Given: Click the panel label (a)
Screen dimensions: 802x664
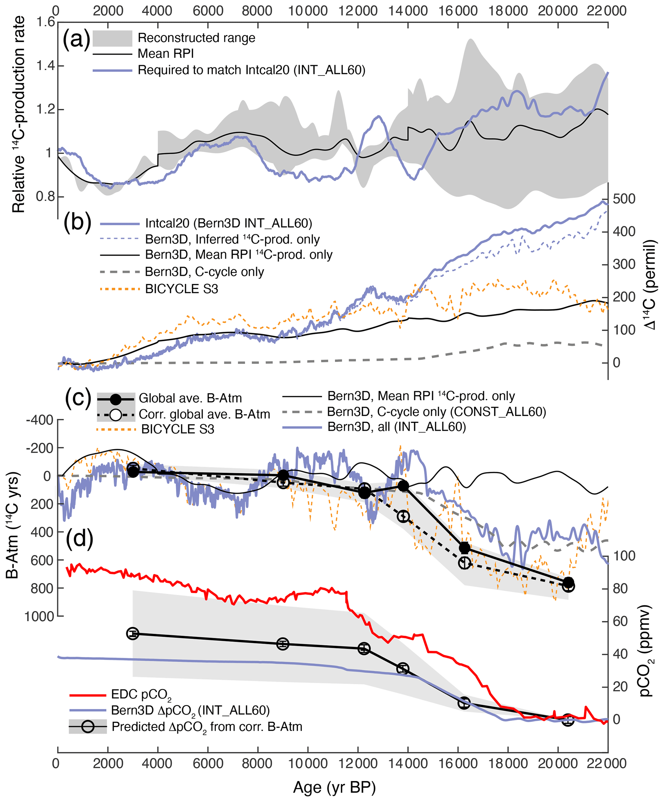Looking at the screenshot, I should tap(76, 39).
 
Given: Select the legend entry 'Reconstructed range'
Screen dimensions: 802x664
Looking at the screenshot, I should tap(196, 38).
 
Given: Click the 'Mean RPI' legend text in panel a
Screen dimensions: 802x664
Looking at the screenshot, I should tap(165, 54).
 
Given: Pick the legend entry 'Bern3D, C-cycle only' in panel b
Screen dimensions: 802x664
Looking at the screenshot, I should tap(204, 272).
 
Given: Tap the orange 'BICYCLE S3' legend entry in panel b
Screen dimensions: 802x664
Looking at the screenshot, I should tap(181, 289).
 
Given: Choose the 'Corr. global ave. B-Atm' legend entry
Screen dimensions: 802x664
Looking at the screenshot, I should tap(204, 414).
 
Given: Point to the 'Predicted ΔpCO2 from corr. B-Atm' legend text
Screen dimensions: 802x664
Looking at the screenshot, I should tap(207, 727).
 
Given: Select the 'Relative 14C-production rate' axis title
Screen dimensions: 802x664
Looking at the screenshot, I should tap(18, 115).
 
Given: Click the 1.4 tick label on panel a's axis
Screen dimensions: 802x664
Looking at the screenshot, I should tap(45, 66).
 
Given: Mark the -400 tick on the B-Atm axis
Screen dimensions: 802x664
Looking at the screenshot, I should tap(39, 420).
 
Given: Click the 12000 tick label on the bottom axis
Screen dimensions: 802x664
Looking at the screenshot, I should tap(358, 763).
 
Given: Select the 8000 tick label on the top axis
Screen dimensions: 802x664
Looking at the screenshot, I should tap(257, 11).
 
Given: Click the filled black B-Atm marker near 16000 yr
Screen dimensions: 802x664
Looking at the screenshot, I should tap(464, 548).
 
